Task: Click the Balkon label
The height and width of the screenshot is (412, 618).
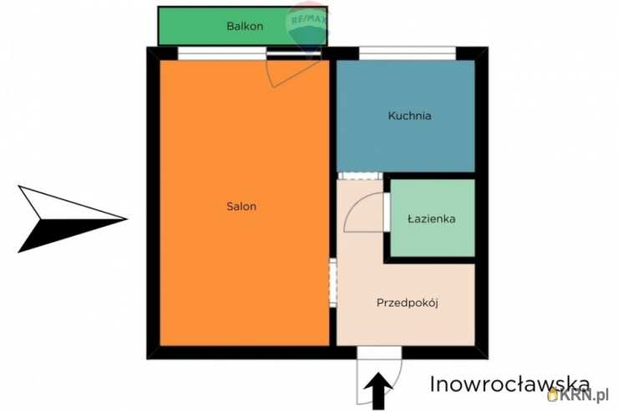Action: (245, 27)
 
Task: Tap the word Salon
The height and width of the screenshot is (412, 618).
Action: (241, 206)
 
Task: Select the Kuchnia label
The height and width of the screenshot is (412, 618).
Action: (409, 116)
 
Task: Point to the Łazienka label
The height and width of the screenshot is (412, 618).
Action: (432, 219)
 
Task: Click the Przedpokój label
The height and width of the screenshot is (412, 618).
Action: (408, 303)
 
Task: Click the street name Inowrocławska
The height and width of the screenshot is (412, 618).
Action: (510, 384)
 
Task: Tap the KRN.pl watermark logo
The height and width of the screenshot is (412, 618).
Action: (578, 394)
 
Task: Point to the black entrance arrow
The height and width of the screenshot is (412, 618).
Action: (378, 391)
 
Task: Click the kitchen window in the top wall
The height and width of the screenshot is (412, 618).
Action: (408, 53)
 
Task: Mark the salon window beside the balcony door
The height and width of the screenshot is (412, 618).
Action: (222, 53)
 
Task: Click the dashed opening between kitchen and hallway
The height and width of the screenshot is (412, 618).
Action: (360, 176)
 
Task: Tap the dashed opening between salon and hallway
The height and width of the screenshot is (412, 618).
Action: (333, 283)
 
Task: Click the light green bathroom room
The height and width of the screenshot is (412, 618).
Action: (433, 218)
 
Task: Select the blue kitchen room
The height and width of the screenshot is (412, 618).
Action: (406, 116)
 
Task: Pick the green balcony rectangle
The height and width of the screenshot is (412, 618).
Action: (243, 26)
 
